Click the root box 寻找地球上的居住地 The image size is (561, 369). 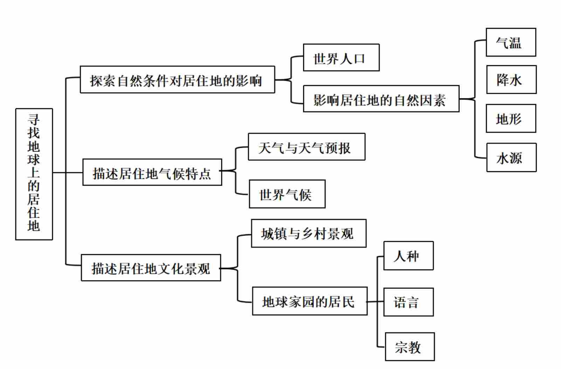pos(34,174)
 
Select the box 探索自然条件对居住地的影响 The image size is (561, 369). pos(177,79)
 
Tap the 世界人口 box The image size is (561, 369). pos(341,58)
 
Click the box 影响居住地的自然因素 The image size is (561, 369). pos(381,99)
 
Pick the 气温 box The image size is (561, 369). pos(511,42)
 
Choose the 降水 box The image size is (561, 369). pos(511,79)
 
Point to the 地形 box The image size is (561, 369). pos(511,118)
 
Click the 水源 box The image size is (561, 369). pos(511,158)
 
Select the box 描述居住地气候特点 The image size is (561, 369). pos(152,172)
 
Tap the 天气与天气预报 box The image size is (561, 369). pos(306,147)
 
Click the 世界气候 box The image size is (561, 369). pos(287,194)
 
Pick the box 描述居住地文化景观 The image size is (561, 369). pos(151,268)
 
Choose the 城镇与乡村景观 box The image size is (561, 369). pos(309,234)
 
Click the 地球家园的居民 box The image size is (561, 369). pos(310,301)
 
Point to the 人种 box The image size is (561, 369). pos(408,256)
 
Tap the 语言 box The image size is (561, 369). pos(408,302)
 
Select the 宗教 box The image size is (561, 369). pos(410,347)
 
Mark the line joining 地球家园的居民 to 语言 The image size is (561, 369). pos(375,301)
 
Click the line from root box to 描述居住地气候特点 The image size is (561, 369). pos(68,172)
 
